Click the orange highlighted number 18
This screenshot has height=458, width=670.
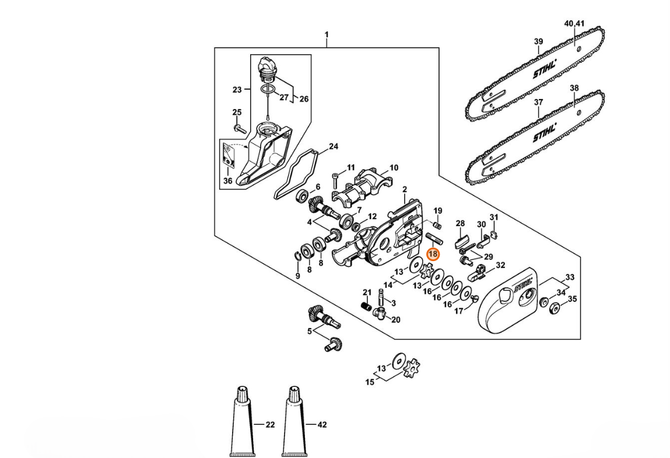click(433, 255)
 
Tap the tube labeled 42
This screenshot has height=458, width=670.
click(293, 422)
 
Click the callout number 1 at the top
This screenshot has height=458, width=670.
click(327, 34)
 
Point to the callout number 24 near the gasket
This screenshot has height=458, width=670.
click(334, 146)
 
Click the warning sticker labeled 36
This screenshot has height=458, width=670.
click(230, 156)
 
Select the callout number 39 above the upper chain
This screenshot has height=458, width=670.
click(538, 41)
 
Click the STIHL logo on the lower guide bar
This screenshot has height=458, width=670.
click(545, 133)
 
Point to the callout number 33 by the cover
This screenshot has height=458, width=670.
click(570, 277)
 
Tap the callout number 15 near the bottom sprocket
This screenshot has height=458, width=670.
click(370, 382)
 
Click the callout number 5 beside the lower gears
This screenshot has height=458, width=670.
click(310, 331)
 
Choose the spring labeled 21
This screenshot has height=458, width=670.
click(366, 306)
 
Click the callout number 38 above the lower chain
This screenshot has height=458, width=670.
click(574, 89)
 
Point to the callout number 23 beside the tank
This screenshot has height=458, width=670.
click(237, 90)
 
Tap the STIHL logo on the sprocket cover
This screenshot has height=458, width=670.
click(524, 284)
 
